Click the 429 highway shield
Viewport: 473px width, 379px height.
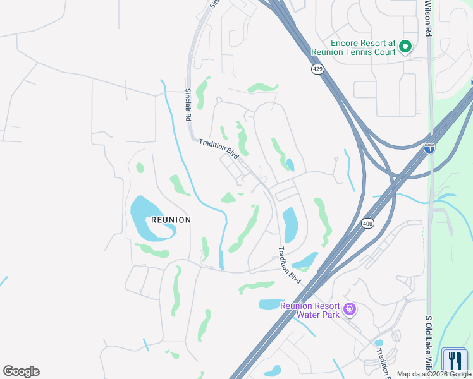click(317, 69)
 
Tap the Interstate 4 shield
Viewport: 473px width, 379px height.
click(430, 148)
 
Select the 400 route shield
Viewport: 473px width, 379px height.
click(367, 224)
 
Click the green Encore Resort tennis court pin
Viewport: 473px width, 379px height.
click(405, 46)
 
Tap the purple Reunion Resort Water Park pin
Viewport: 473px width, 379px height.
click(350, 310)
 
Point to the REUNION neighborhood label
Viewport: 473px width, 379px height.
click(171, 220)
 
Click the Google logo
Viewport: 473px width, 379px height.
click(21, 371)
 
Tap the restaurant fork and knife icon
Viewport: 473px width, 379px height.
click(455, 361)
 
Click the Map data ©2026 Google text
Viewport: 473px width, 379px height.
click(434, 375)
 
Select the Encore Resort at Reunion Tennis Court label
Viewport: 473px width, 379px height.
click(353, 47)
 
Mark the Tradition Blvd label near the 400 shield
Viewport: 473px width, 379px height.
click(289, 263)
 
